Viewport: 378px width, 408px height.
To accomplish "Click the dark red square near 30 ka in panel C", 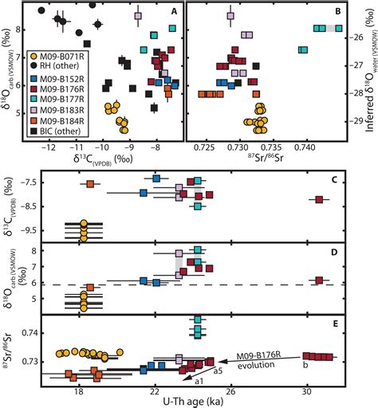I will (x=319, y=200).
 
